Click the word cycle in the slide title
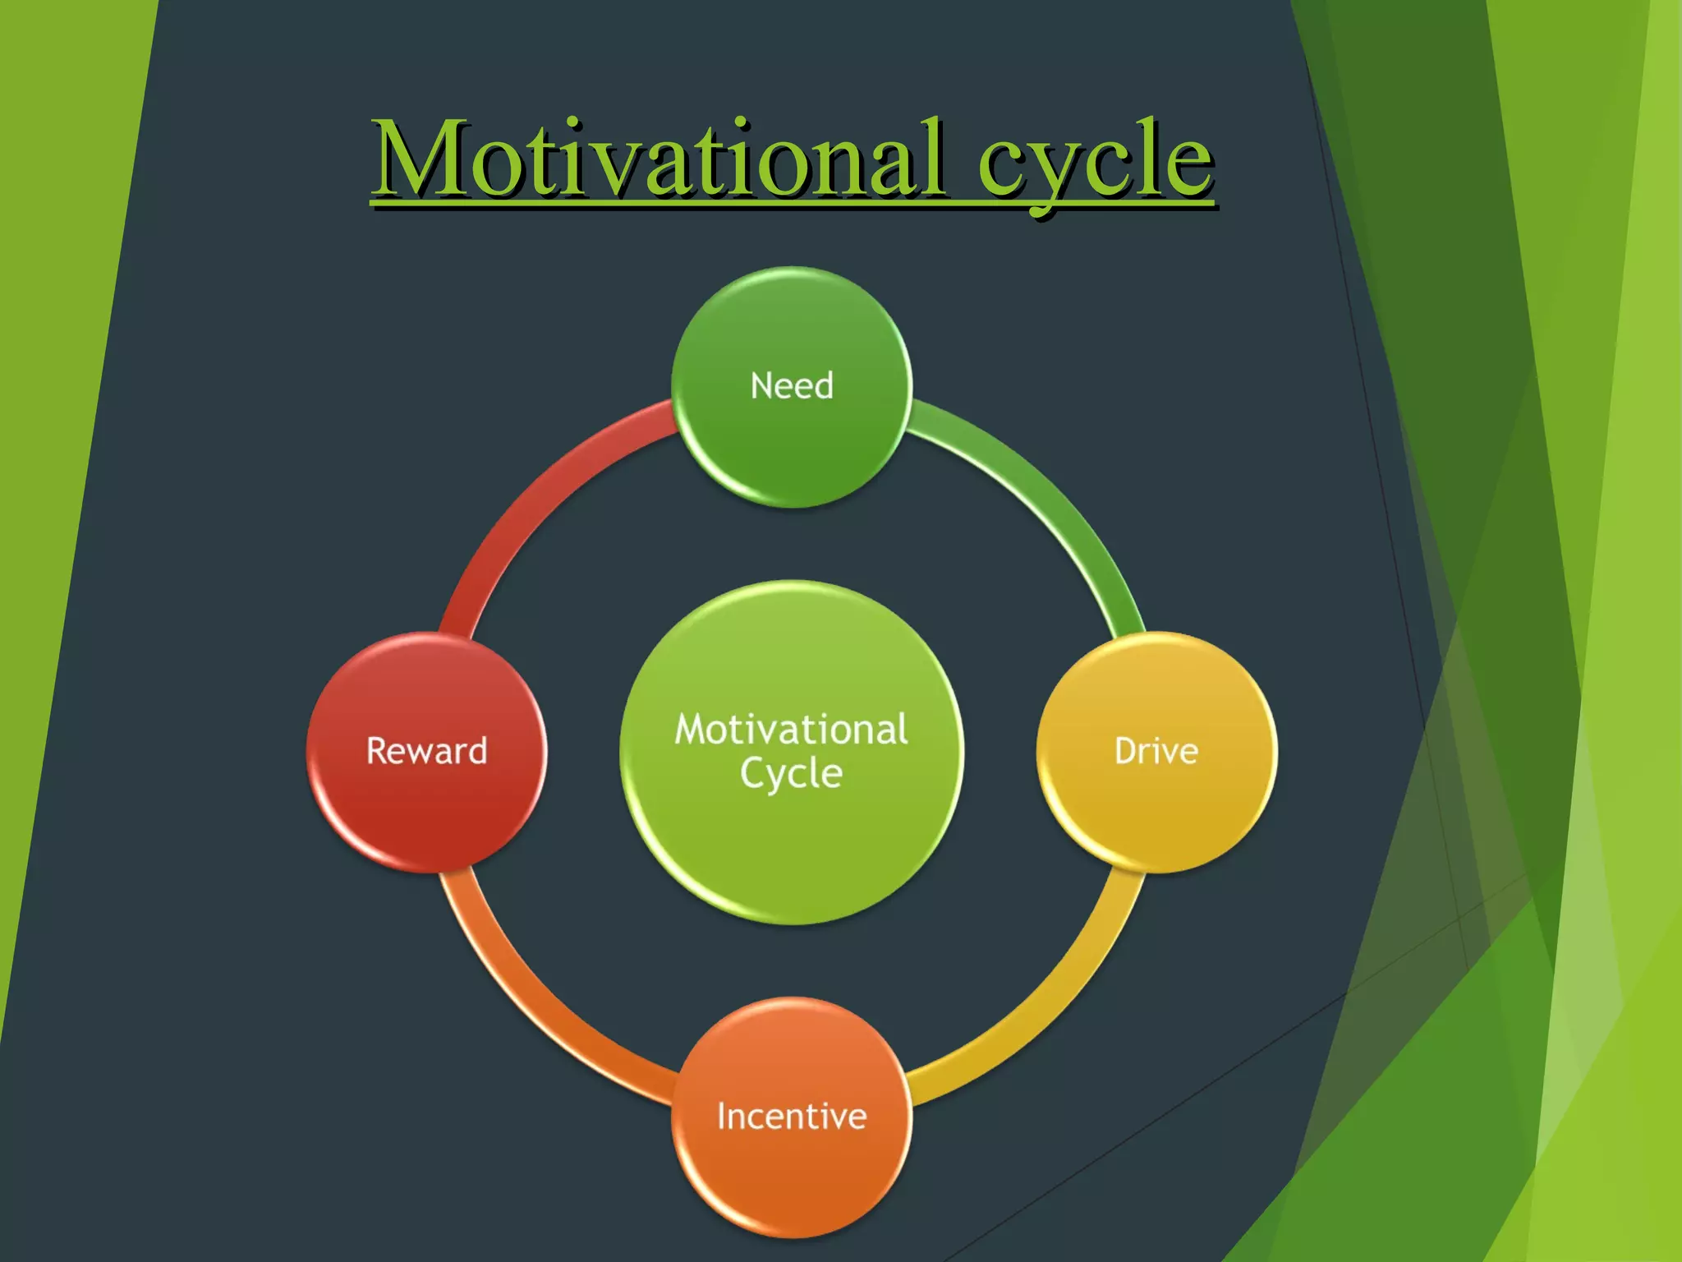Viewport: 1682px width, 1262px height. pos(1095,160)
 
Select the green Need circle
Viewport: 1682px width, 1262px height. pos(792,444)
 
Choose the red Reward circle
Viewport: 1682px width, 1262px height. pos(426,813)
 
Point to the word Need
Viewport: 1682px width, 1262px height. pos(792,385)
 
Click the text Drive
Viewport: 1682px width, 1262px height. pos(1156,751)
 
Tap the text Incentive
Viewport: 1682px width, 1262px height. pos(792,1116)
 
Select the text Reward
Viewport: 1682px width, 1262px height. pos(426,751)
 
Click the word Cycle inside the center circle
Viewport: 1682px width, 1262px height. pos(792,774)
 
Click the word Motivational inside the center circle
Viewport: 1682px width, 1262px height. pos(792,730)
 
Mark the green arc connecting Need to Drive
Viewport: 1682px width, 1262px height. pos(1051,493)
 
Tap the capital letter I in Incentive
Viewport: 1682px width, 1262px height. pos(721,1116)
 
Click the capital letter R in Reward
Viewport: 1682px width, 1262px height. pos(376,751)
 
